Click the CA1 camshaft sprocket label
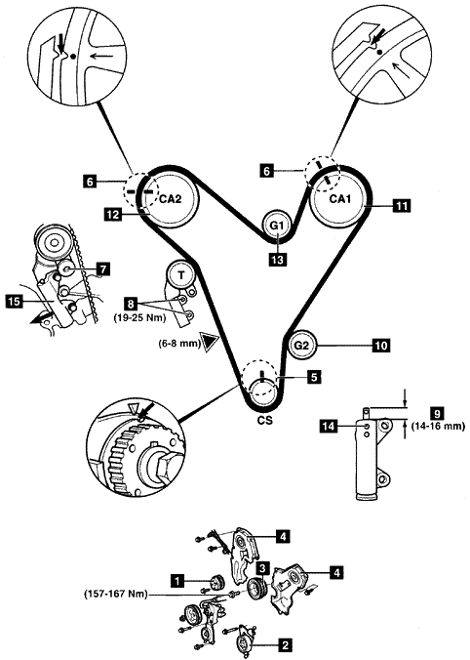click(x=339, y=198)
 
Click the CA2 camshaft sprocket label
click(x=171, y=199)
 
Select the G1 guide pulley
click(x=277, y=226)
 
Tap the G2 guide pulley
click(x=302, y=346)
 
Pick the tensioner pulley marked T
click(x=181, y=275)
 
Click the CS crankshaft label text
click(x=265, y=420)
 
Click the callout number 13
click(x=278, y=260)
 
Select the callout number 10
click(x=381, y=346)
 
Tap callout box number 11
click(x=403, y=206)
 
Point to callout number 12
click(x=113, y=215)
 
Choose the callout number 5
click(x=314, y=377)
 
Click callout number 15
click(x=14, y=302)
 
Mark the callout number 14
click(x=329, y=427)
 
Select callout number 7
click(x=103, y=268)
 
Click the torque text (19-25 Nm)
click(x=139, y=318)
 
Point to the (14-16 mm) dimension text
click(x=440, y=426)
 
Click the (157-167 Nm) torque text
click(x=116, y=595)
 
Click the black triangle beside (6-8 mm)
click(x=210, y=342)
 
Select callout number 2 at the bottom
click(x=285, y=644)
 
